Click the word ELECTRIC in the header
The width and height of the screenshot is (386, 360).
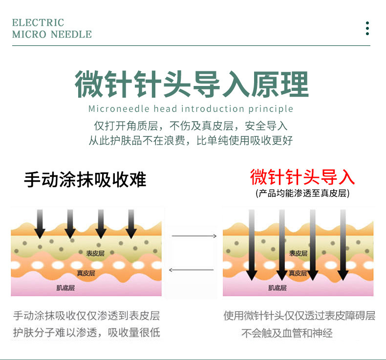tap(38, 22)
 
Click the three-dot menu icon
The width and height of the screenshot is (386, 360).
tap(367, 28)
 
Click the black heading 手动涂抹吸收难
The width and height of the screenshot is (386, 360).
tap(85, 179)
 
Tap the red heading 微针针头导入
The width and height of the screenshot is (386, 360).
tap(302, 176)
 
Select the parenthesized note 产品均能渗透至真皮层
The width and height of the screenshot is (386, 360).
tap(302, 193)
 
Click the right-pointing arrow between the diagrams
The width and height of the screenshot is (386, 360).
tap(194, 236)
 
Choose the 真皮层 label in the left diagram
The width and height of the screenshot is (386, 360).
tap(86, 273)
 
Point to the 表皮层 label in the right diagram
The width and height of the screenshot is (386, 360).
tap(298, 253)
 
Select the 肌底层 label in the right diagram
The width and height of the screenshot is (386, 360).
tap(277, 288)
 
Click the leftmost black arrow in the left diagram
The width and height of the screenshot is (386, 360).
tap(40, 224)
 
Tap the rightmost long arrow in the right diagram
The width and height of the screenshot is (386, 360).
tap(343, 244)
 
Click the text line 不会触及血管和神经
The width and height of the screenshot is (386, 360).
tap(287, 334)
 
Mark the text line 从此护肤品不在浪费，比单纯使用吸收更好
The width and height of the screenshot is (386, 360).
tap(191, 141)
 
